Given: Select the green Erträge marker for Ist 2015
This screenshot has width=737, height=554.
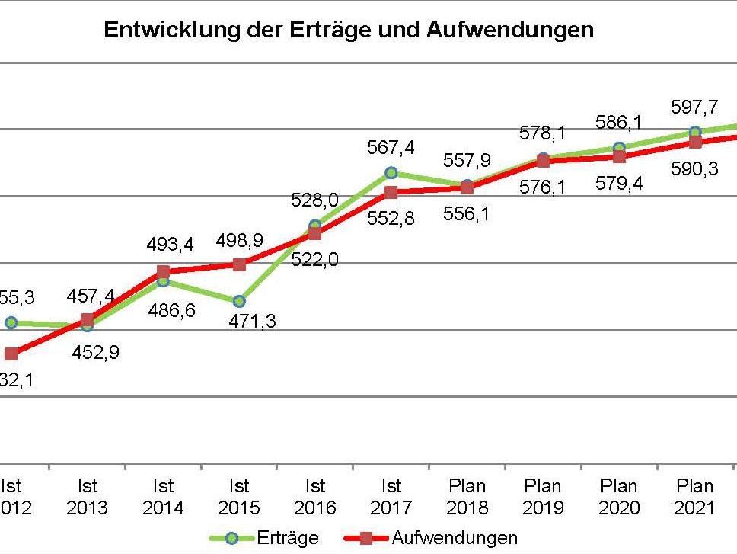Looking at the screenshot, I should [239, 301].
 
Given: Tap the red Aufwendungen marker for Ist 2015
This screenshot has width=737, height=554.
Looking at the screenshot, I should [239, 264].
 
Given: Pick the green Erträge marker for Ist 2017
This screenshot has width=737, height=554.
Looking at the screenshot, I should [391, 172].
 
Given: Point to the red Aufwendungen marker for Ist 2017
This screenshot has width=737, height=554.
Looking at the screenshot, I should [391, 191].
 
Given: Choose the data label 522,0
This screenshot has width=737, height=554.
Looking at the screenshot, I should [314, 260].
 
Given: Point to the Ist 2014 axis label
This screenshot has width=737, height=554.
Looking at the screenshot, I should [163, 496].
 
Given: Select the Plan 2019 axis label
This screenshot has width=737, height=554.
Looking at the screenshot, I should [543, 496].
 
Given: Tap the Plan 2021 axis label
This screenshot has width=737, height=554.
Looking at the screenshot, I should [695, 496].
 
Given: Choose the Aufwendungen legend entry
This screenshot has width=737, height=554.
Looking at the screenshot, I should [455, 538].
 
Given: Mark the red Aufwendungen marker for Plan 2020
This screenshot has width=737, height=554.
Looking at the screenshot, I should [619, 156].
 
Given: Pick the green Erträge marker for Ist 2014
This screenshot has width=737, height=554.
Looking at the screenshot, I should [163, 280].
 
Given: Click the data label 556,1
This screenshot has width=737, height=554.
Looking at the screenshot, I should [467, 214].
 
